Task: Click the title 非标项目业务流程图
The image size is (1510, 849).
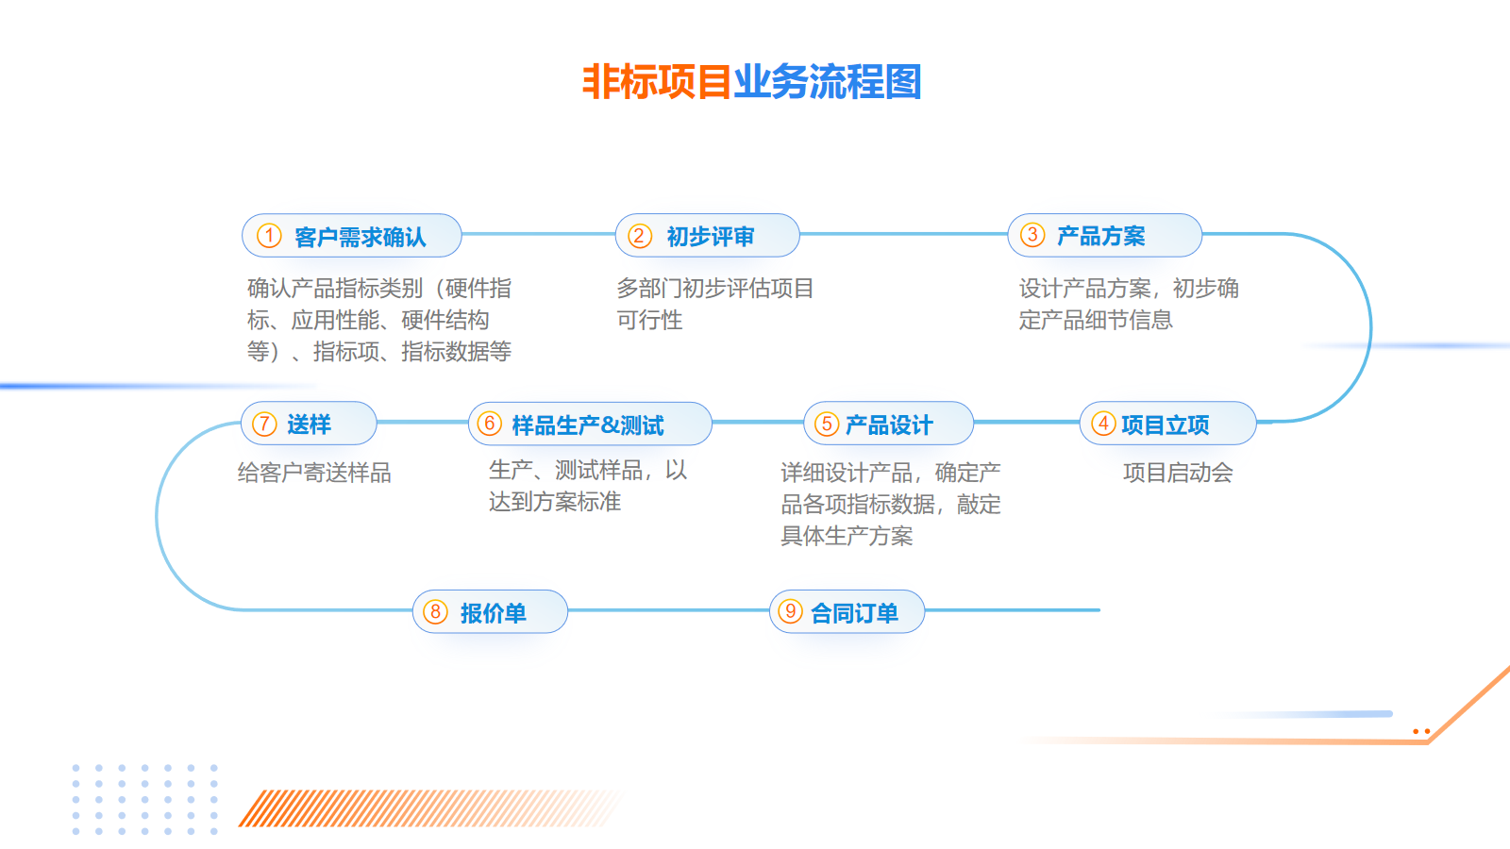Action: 751,82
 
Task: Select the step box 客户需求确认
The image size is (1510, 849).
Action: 352,235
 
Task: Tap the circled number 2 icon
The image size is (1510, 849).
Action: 639,236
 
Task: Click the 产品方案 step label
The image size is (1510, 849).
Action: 1100,236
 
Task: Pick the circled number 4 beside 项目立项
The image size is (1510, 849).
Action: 1103,424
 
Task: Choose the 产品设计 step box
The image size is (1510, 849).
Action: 888,424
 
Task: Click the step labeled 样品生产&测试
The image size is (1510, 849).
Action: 590,424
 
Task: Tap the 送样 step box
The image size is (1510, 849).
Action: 309,424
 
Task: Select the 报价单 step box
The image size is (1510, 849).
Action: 490,611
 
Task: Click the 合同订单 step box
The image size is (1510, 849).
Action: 847,611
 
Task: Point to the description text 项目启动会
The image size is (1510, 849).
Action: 1178,473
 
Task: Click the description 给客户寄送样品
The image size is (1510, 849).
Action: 314,473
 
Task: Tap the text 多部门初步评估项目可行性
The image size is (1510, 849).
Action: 715,304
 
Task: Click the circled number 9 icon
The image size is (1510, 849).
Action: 790,611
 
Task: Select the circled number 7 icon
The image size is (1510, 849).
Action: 264,424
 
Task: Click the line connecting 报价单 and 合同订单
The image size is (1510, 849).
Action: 668,610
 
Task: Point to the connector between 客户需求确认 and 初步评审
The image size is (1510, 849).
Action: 539,235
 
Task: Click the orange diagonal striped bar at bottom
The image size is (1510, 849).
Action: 431,807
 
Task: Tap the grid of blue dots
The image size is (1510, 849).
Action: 145,800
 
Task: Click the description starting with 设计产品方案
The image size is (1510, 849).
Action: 1129,304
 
